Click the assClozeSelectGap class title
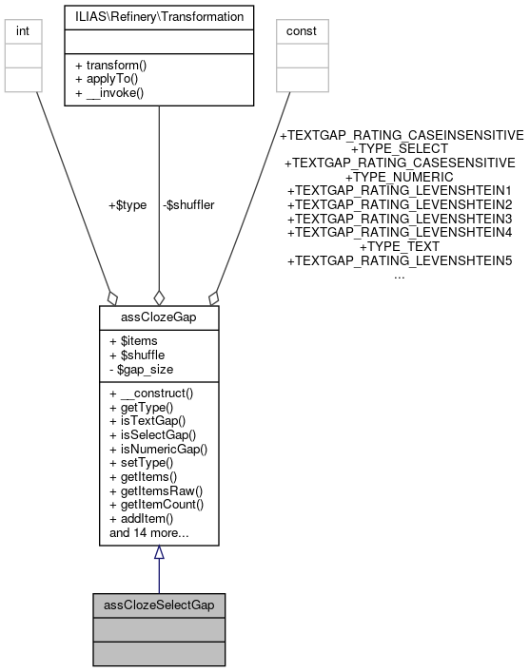pyautogui.click(x=159, y=604)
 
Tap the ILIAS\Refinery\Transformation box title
pyautogui.click(x=158, y=16)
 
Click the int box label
pyautogui.click(x=23, y=30)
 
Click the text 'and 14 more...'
pyautogui.click(x=148, y=533)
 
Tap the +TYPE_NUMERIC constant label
pyautogui.click(x=399, y=177)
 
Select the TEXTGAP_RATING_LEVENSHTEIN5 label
pyautogui.click(x=399, y=259)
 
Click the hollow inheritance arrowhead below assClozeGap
pyautogui.click(x=159, y=552)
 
